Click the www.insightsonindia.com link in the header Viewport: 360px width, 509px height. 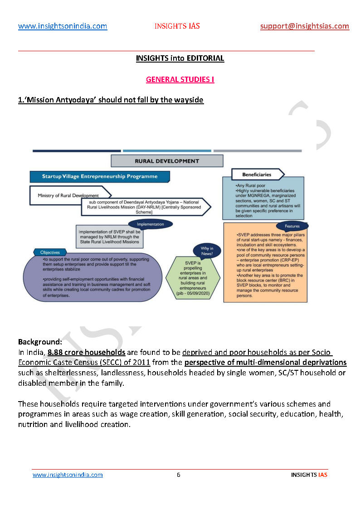[x=63, y=26]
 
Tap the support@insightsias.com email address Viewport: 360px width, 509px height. [x=305, y=26]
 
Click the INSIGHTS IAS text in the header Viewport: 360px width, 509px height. [x=177, y=26]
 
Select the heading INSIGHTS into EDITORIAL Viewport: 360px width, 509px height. [x=180, y=58]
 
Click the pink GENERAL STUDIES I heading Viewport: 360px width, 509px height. [x=180, y=80]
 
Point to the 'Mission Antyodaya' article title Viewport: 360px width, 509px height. [x=111, y=100]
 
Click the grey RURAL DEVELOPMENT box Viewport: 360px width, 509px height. [x=167, y=161]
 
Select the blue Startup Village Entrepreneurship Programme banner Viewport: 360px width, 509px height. [x=100, y=176]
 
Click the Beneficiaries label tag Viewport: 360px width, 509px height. [x=257, y=174]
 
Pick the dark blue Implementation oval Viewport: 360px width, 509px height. [x=150, y=224]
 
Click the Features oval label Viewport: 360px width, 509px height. [x=292, y=226]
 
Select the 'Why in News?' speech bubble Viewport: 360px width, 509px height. [x=207, y=251]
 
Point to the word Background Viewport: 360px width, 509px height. [x=40, y=341]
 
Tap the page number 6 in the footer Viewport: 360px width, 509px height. [x=178, y=475]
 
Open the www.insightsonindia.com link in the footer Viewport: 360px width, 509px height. [x=68, y=475]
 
